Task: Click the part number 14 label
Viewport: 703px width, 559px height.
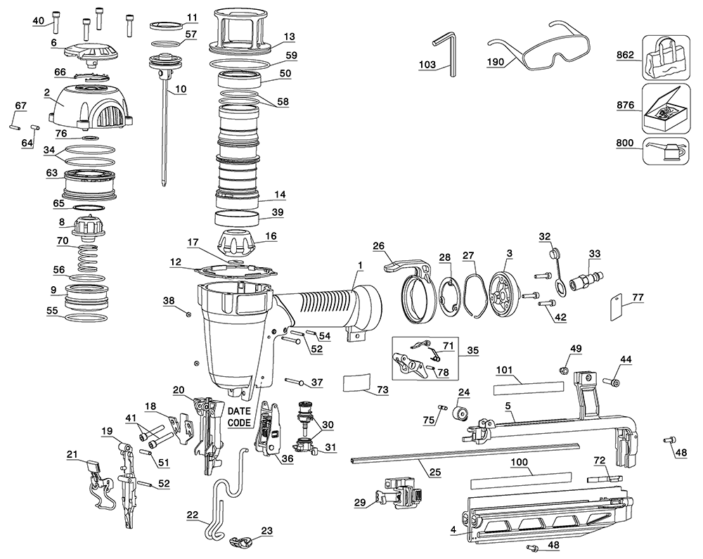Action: [x=280, y=194]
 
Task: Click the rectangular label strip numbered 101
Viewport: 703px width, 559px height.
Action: [x=528, y=387]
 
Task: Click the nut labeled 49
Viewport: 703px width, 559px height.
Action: [x=563, y=369]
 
